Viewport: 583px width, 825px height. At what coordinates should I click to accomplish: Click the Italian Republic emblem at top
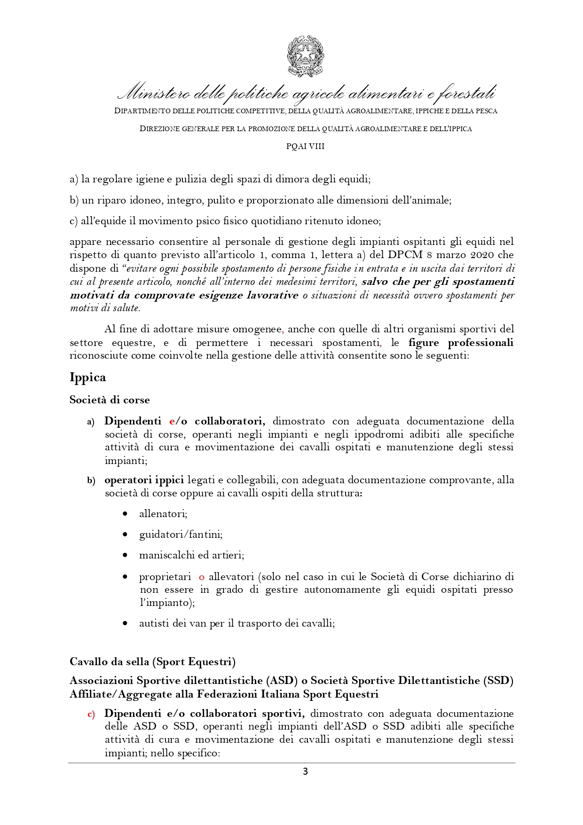[306, 56]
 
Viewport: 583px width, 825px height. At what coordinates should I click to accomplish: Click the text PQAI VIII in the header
[306, 146]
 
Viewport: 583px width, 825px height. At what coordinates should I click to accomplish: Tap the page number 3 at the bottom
[305, 771]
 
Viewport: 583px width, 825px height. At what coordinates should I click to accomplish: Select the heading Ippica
[88, 377]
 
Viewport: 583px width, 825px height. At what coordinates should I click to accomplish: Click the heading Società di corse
[110, 400]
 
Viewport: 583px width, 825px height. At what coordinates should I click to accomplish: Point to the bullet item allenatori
[163, 514]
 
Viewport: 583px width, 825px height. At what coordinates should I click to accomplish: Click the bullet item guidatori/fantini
[181, 534]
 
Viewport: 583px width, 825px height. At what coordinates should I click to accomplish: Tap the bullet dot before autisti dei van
[125, 623]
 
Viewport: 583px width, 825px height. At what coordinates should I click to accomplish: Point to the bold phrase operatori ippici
[144, 480]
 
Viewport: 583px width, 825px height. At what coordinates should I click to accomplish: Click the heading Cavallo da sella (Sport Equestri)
[152, 662]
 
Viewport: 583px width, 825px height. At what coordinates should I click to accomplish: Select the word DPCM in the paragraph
[405, 255]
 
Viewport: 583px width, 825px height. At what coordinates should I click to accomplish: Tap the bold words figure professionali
[461, 343]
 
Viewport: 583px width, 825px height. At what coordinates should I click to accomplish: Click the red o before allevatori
[202, 577]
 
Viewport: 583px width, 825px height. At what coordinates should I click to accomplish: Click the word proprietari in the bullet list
[165, 577]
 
